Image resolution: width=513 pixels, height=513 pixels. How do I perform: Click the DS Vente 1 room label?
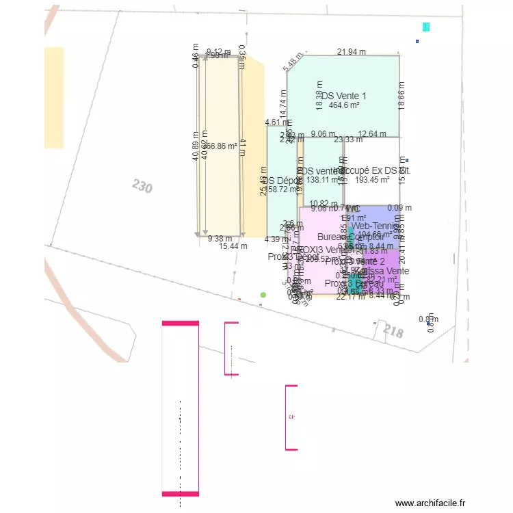pos(344,96)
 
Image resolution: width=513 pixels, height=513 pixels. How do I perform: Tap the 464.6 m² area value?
pos(344,105)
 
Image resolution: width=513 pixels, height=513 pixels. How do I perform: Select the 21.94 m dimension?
pos(352,52)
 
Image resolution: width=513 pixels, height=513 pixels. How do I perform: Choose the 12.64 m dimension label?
pos(372,134)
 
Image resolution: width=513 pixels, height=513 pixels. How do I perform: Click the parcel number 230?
pos(142,186)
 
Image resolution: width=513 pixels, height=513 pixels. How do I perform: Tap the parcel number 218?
pos(393,332)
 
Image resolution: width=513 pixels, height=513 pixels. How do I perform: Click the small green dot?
pos(263,295)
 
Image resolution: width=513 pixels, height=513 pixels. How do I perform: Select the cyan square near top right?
pos(426,27)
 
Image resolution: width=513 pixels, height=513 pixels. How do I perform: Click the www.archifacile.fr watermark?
pos(430,503)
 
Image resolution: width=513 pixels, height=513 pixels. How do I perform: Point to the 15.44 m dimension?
pos(233,246)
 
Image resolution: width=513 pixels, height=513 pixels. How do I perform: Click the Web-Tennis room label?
pos(373,226)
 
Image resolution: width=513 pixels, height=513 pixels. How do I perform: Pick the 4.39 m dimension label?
pos(273,239)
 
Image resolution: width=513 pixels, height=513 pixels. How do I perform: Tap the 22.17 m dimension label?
pos(349,297)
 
